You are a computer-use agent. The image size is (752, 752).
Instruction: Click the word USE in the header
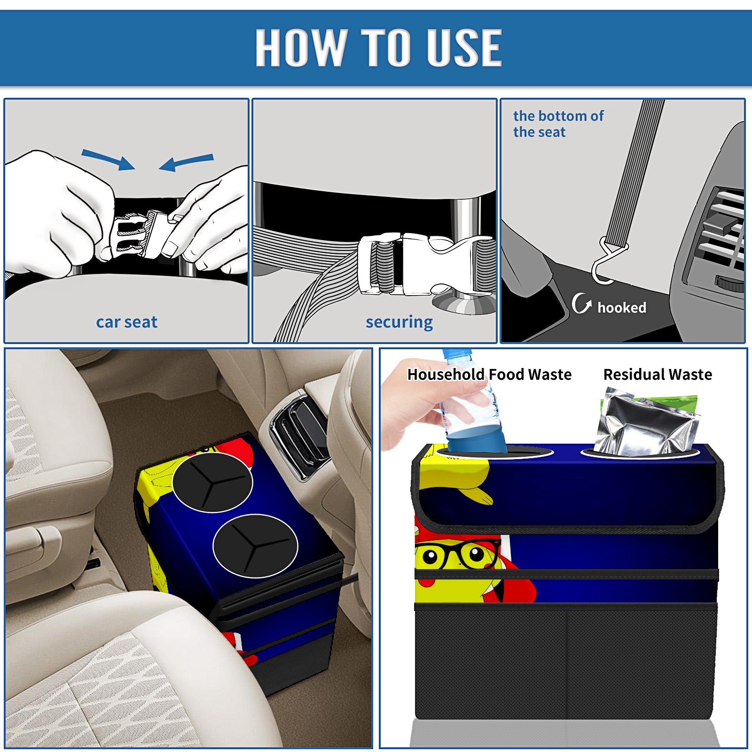click(x=464, y=47)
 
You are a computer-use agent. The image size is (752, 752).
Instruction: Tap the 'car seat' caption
click(x=126, y=322)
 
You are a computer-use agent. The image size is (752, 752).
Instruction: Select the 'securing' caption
click(x=399, y=322)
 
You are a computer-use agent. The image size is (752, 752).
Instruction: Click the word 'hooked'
click(x=622, y=307)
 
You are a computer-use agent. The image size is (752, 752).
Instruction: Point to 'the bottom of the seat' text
click(x=558, y=124)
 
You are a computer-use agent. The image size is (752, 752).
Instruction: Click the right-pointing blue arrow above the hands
click(x=109, y=159)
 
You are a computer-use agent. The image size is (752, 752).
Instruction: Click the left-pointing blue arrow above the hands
click(x=186, y=162)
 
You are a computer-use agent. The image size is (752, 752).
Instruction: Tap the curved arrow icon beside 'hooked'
click(x=581, y=303)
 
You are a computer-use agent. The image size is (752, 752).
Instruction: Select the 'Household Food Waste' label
click(x=489, y=375)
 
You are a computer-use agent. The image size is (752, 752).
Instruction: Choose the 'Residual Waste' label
click(x=658, y=375)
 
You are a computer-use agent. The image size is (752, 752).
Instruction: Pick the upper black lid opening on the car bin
click(x=212, y=482)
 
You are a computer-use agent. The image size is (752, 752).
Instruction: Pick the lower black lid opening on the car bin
click(x=255, y=546)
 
